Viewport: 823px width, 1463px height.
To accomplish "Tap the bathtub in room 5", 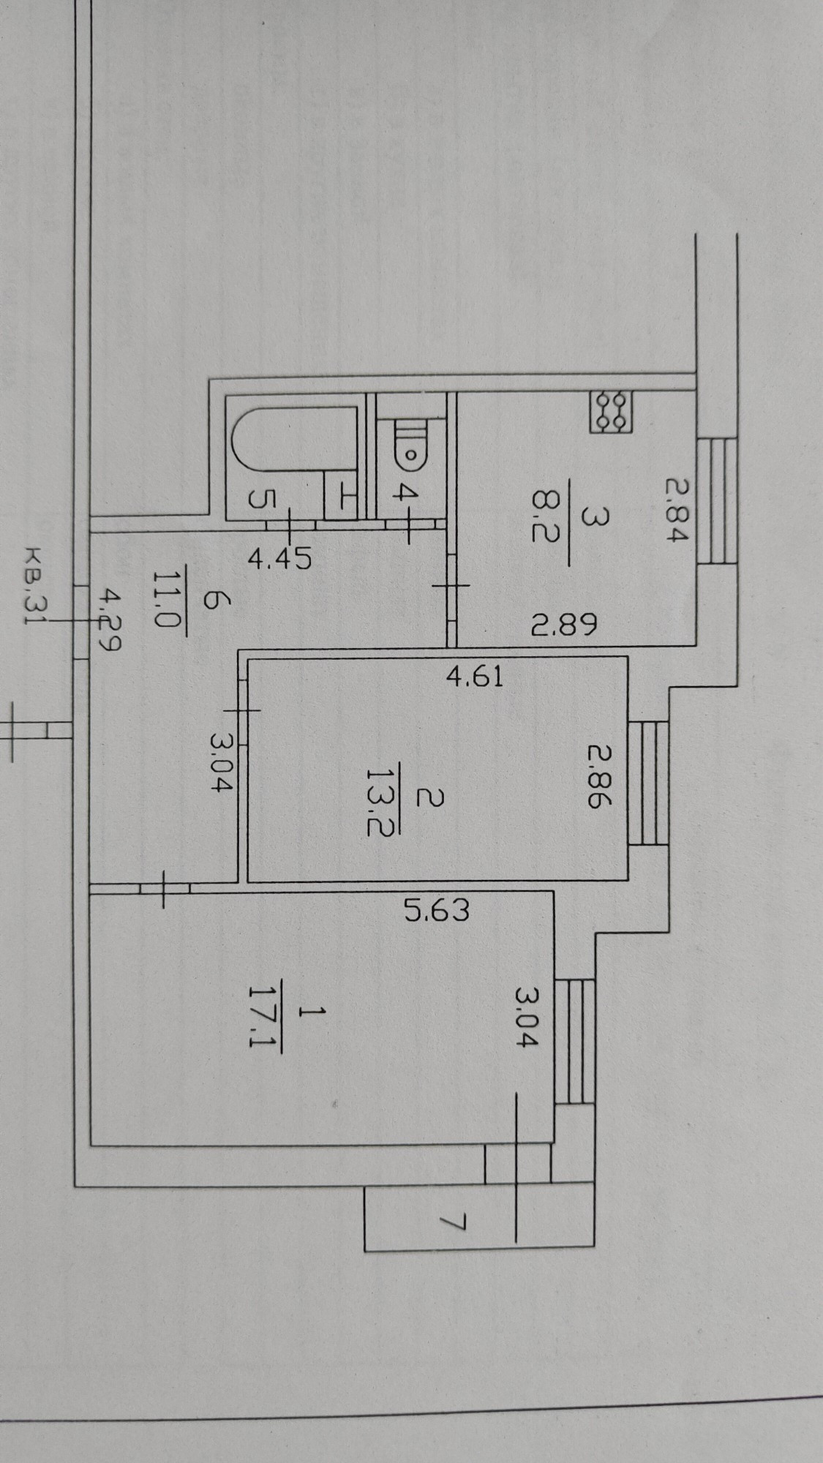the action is point(293,448).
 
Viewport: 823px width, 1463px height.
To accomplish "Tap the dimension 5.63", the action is point(437,911).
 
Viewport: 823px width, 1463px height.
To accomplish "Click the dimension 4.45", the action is point(280,559).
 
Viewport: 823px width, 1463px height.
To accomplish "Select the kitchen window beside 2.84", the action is point(716,500).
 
